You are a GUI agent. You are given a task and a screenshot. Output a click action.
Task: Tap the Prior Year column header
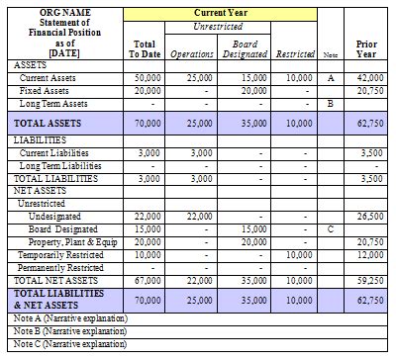click(x=366, y=48)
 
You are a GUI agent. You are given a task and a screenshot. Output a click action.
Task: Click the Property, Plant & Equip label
click(x=71, y=241)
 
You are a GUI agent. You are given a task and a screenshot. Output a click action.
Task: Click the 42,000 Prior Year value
click(x=369, y=77)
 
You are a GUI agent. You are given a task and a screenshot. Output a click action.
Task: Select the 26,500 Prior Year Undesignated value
click(x=369, y=216)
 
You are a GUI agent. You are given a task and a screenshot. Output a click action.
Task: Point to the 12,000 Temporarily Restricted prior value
click(x=369, y=254)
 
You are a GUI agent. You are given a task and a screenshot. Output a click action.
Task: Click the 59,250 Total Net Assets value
click(x=369, y=280)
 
